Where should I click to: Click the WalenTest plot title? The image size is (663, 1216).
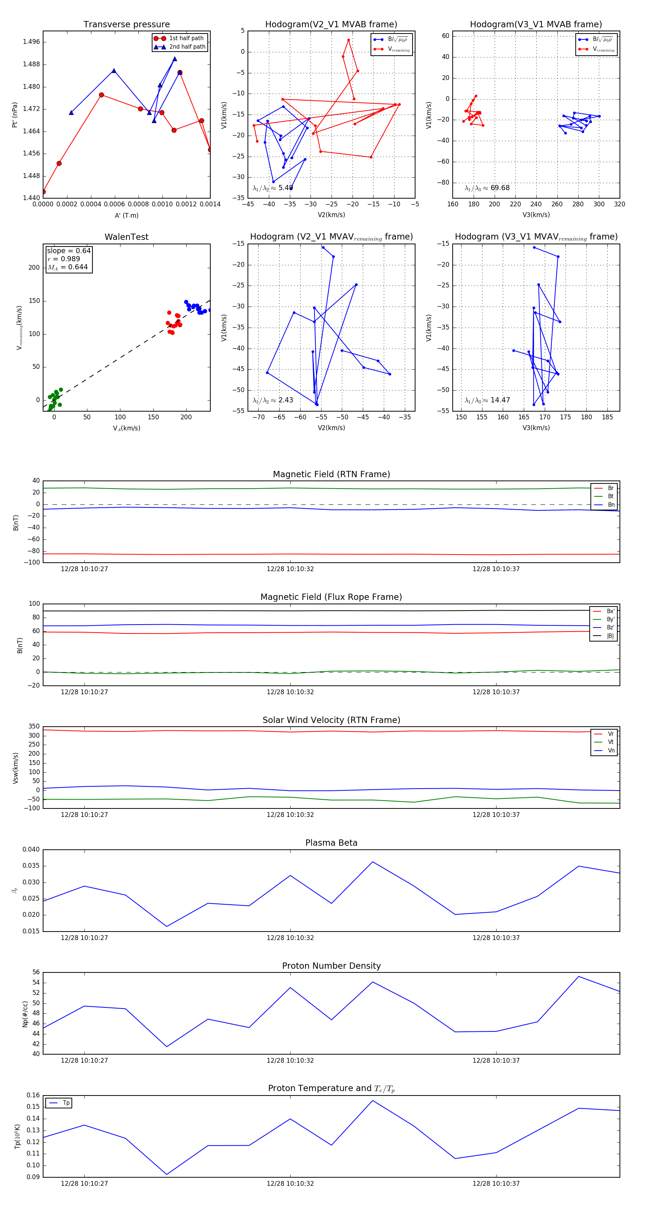[x=126, y=237]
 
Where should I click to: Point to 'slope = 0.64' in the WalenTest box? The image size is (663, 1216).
[x=69, y=251]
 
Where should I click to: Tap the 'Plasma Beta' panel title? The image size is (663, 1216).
[x=331, y=843]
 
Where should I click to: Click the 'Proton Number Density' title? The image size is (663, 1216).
[x=331, y=966]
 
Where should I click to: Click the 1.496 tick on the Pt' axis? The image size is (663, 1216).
[x=32, y=42]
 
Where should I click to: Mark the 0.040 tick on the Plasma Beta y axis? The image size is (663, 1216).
[x=31, y=850]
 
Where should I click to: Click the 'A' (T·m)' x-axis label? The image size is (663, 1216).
[x=126, y=216]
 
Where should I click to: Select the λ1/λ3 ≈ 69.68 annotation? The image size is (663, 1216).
[x=487, y=188]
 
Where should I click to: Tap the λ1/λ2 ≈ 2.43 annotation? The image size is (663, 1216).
[x=273, y=400]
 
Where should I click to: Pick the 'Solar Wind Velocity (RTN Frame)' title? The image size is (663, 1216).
[x=331, y=720]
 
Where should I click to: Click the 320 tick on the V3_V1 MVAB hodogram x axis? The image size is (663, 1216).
[x=619, y=205]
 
